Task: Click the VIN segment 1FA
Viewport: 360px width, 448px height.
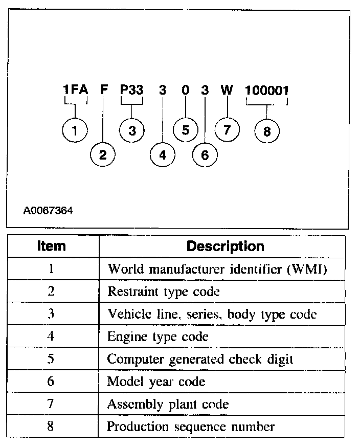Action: pyautogui.click(x=75, y=91)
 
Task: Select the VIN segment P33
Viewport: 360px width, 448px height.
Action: pyautogui.click(x=131, y=91)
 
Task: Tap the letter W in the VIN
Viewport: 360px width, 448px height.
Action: pyautogui.click(x=227, y=91)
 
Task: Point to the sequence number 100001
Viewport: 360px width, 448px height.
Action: pyautogui.click(x=266, y=91)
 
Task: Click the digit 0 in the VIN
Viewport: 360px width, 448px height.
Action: pyautogui.click(x=185, y=91)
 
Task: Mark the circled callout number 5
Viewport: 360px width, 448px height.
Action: pyautogui.click(x=185, y=130)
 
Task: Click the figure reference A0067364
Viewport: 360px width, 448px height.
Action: pyautogui.click(x=48, y=210)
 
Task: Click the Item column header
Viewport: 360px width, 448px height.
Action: pyautogui.click(x=52, y=246)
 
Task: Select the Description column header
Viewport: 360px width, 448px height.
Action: pyautogui.click(x=225, y=247)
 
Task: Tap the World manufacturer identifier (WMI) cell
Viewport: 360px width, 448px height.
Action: pyautogui.click(x=217, y=270)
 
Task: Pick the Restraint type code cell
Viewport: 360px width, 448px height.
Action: pyautogui.click(x=163, y=292)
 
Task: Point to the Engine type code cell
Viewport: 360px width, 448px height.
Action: pyautogui.click(x=157, y=337)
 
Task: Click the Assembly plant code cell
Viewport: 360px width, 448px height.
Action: pyautogui.click(x=168, y=404)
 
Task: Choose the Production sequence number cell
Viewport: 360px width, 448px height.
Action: pyautogui.click(x=191, y=427)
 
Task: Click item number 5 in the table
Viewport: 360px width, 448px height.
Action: pyautogui.click(x=51, y=359)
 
